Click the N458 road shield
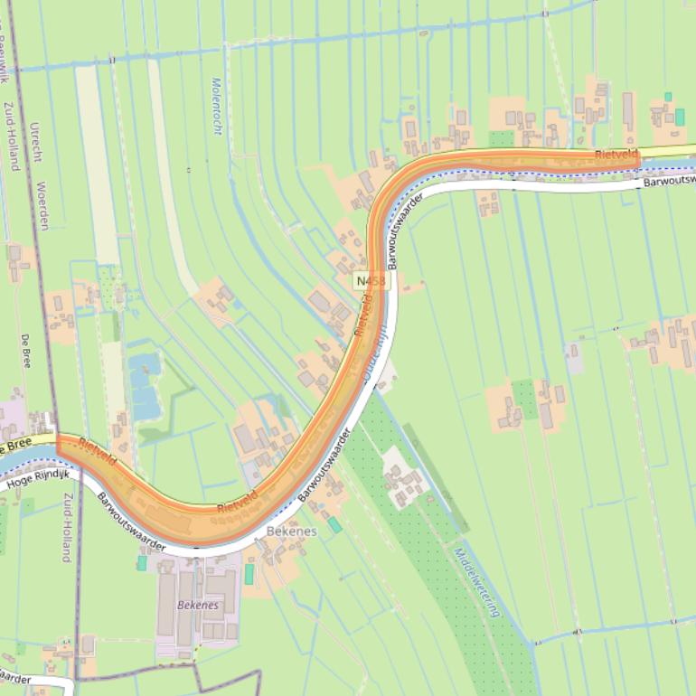click(371, 281)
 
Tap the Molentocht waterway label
click(217, 106)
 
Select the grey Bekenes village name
click(292, 531)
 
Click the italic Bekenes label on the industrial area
click(198, 605)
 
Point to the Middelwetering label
click(476, 582)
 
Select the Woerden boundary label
click(42, 206)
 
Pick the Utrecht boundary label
click(35, 143)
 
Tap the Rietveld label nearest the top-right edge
click(616, 155)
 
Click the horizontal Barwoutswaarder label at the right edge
click(669, 180)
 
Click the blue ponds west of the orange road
click(145, 386)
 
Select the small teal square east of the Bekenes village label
click(334, 524)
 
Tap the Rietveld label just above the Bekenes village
click(238, 503)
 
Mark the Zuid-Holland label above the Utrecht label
click(12, 136)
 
